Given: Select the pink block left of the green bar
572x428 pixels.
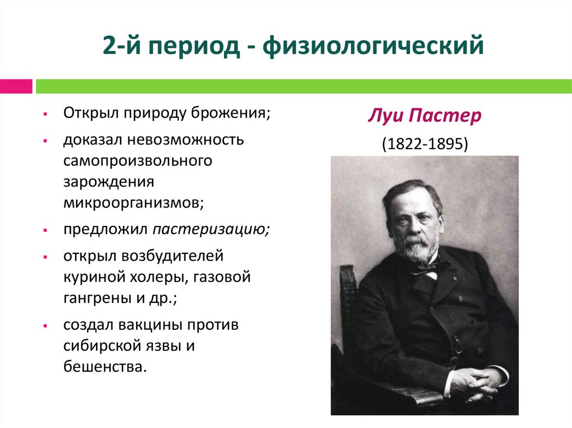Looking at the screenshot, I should click(16, 86).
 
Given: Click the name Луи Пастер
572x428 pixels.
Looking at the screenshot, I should click(425, 118).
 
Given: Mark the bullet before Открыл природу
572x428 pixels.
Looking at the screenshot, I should click(50, 114).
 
